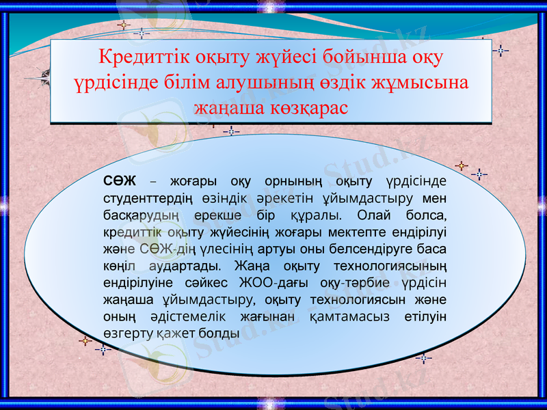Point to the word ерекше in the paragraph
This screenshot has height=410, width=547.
click(217, 216)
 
